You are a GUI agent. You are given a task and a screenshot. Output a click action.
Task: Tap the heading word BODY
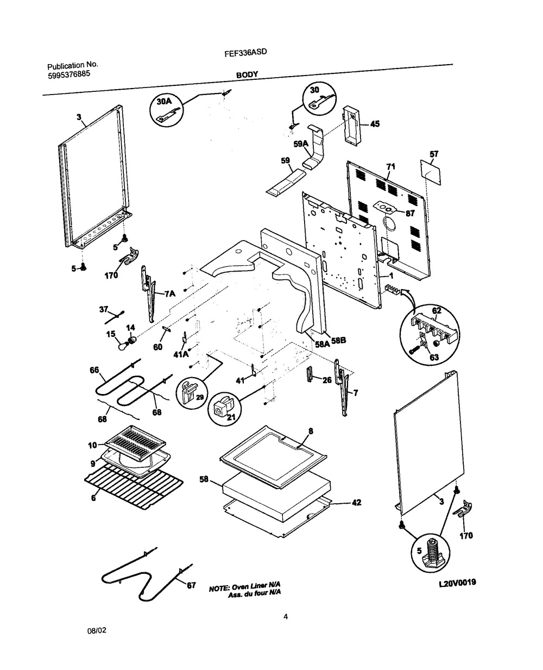247,75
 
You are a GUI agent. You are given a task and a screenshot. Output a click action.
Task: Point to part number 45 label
375,124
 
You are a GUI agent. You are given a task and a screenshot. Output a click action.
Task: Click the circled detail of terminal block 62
428,334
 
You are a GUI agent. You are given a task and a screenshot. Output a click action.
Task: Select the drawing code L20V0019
457,582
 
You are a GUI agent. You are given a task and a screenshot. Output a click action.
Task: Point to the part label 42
356,503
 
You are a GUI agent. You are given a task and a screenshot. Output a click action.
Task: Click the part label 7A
170,294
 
